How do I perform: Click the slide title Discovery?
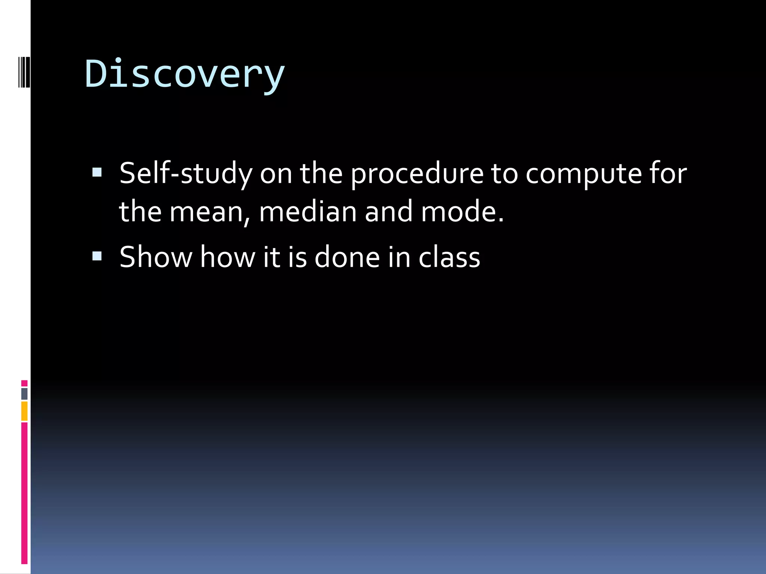(x=185, y=74)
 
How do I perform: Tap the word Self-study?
(x=186, y=173)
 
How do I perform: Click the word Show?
(x=156, y=257)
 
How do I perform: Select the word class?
(x=449, y=257)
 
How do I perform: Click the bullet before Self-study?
(x=97, y=172)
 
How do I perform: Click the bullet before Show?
(x=97, y=256)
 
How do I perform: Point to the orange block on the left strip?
(x=24, y=411)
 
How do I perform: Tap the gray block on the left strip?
(x=24, y=394)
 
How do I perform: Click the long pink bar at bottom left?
(x=24, y=493)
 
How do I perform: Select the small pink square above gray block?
(x=24, y=383)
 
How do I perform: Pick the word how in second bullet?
(x=227, y=257)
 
